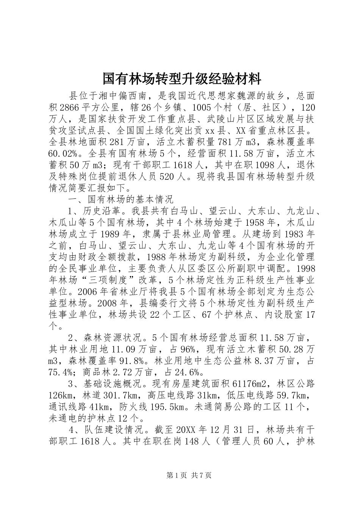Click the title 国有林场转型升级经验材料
pyautogui.click(x=182, y=79)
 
